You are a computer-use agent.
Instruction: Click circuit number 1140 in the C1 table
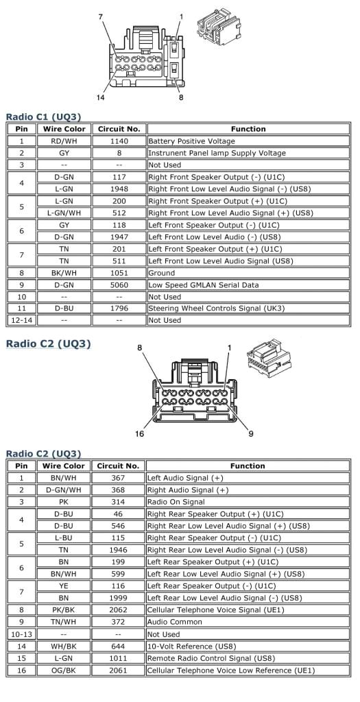119,141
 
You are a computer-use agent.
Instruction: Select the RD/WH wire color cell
64,141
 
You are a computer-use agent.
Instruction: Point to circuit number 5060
119,285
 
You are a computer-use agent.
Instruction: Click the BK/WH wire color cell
64,272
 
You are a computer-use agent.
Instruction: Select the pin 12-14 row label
21,320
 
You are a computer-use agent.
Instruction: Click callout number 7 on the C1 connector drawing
101,15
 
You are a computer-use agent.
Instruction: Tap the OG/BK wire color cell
64,670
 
